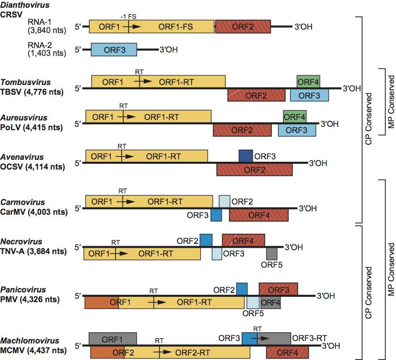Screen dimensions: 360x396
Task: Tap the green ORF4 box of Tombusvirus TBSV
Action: click(308, 82)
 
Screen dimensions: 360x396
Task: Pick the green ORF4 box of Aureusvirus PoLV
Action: click(295, 117)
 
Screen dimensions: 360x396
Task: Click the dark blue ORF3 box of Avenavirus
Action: click(246, 156)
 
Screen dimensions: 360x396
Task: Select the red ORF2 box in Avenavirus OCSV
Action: click(254, 170)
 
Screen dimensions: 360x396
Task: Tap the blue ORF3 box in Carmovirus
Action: click(216, 215)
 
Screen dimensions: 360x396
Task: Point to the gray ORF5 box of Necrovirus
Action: click(272, 253)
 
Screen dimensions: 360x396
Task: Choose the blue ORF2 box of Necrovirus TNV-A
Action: click(206, 240)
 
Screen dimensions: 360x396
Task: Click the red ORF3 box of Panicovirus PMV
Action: click(278, 290)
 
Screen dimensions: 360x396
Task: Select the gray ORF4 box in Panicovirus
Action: click(270, 303)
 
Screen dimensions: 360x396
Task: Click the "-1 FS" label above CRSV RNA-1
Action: click(128, 16)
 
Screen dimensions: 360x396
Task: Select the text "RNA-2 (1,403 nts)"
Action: click(44, 49)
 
